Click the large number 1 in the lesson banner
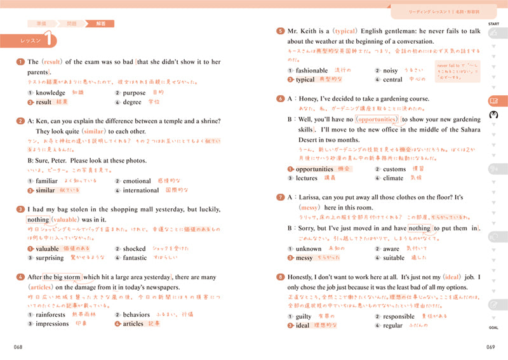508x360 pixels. (x=49, y=39)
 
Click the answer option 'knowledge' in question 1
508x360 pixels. (x=51, y=93)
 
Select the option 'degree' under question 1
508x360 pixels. (x=132, y=102)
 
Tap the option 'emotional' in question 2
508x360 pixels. (x=137, y=181)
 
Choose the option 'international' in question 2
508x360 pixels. (x=141, y=190)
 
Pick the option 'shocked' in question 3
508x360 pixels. (x=134, y=249)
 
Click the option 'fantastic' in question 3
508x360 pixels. (x=135, y=258)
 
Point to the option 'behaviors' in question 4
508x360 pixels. (x=137, y=314)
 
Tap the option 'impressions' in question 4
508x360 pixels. (x=53, y=323)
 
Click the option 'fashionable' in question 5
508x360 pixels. (x=312, y=70)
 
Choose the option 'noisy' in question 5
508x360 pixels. (x=391, y=70)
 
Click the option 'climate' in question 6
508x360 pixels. (x=393, y=178)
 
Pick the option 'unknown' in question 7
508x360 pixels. (x=309, y=249)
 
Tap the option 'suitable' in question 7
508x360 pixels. (x=394, y=258)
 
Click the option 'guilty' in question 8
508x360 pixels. (x=304, y=316)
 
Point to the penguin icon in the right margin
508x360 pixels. (x=494, y=116)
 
